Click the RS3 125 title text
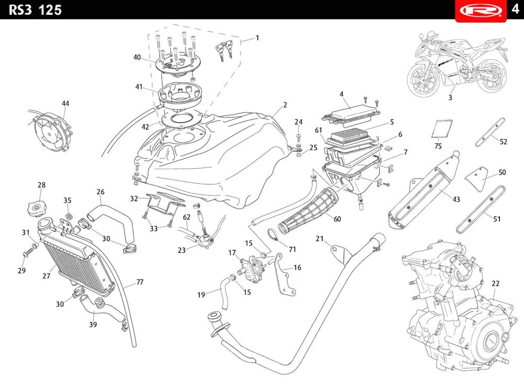click(35, 9)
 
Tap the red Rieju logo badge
click(481, 10)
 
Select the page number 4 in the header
click(515, 9)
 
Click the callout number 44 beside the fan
click(65, 104)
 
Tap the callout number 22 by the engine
click(495, 284)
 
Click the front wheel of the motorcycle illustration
click(423, 79)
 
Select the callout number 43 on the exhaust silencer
click(456, 200)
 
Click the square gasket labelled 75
click(442, 129)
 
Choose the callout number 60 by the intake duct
click(337, 219)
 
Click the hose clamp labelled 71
click(274, 234)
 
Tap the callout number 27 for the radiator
click(46, 276)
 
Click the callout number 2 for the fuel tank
click(285, 105)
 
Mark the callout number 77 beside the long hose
click(140, 282)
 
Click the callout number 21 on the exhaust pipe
click(320, 239)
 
